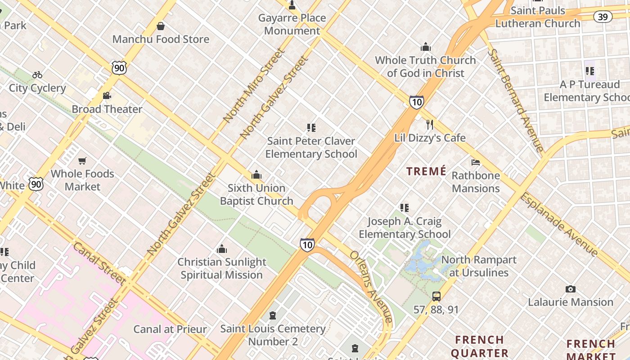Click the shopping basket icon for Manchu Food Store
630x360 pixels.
[x=161, y=27]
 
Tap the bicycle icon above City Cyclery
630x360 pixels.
[x=37, y=75]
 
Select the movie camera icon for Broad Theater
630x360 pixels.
[x=107, y=96]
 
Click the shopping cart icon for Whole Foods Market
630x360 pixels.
[x=82, y=161]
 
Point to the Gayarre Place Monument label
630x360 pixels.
[x=292, y=24]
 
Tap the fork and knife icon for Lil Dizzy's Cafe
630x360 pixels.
[x=430, y=125]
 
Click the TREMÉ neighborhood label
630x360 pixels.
[x=426, y=171]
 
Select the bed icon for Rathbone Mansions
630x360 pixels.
[x=476, y=162]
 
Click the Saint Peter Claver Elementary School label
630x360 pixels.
[x=311, y=148]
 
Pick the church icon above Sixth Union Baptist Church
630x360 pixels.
[x=256, y=175]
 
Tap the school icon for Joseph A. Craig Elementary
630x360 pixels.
[x=405, y=208]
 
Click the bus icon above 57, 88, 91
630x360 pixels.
[x=436, y=297]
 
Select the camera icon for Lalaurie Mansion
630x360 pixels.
[x=571, y=289]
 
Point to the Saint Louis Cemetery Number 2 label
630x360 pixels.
[x=273, y=335]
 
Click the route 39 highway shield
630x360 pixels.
[x=603, y=17]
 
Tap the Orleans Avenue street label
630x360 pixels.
[x=372, y=287]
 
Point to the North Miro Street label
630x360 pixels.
[x=254, y=85]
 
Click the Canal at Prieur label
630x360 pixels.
[x=170, y=329]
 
